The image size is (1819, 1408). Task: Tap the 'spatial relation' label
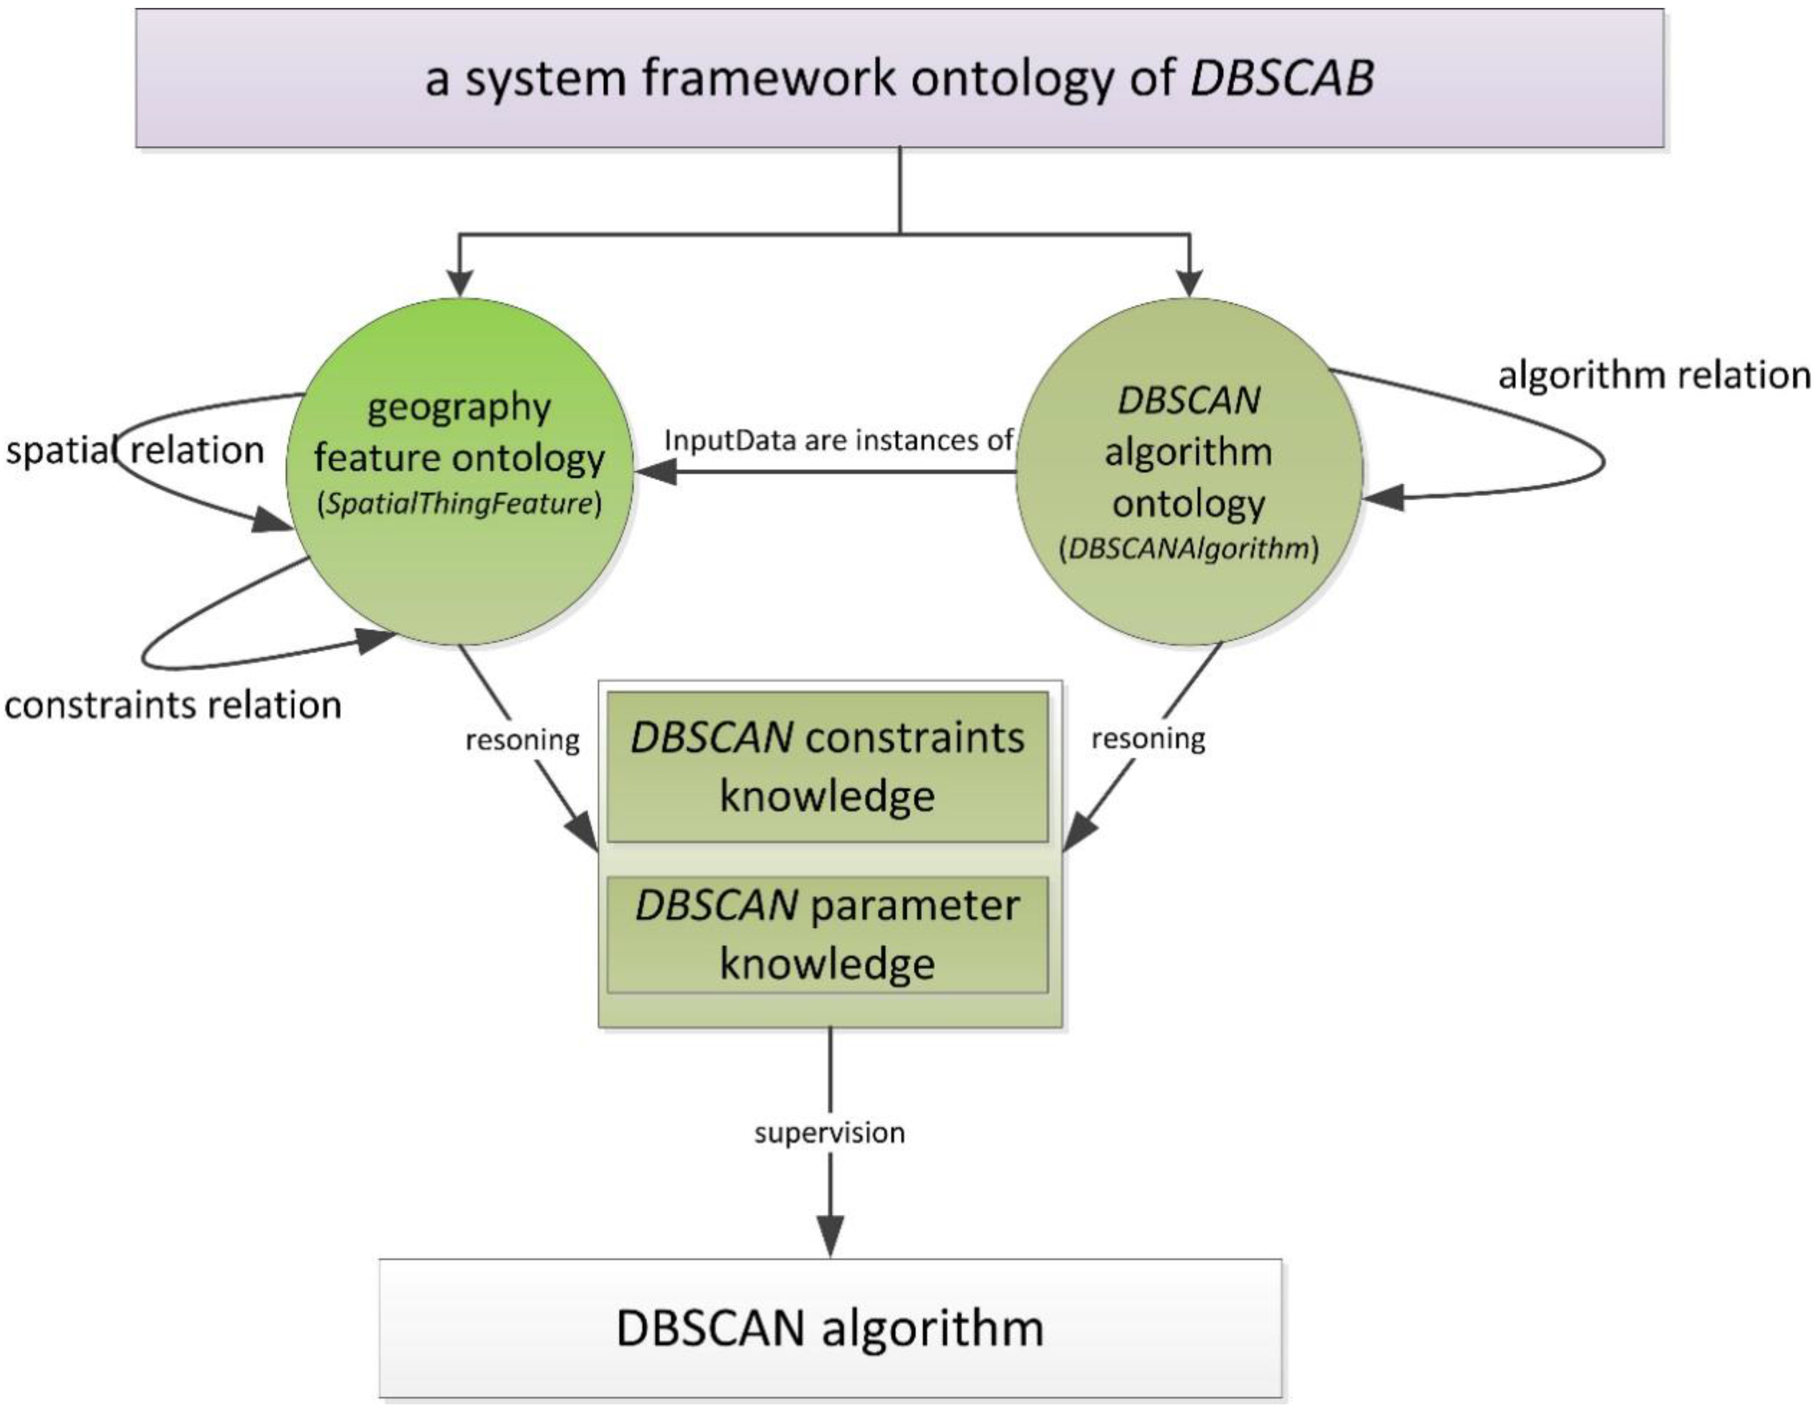tap(135, 450)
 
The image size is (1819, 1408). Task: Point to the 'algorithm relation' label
tap(1653, 375)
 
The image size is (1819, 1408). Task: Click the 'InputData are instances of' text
tap(838, 440)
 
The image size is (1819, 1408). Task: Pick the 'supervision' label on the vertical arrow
tap(829, 1133)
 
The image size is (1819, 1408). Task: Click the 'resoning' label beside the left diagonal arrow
tap(522, 740)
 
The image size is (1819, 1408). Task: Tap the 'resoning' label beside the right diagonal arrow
tap(1147, 738)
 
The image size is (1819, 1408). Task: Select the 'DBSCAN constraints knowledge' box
tap(827, 766)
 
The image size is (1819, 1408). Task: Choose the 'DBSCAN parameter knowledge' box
tap(827, 934)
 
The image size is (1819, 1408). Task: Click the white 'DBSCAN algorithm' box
tap(829, 1327)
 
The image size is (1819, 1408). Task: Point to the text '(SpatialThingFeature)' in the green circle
tap(459, 504)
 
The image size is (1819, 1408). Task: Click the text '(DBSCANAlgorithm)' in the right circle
tap(1188, 549)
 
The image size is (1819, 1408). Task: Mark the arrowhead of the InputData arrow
tap(656, 472)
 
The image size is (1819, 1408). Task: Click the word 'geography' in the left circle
tap(459, 407)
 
